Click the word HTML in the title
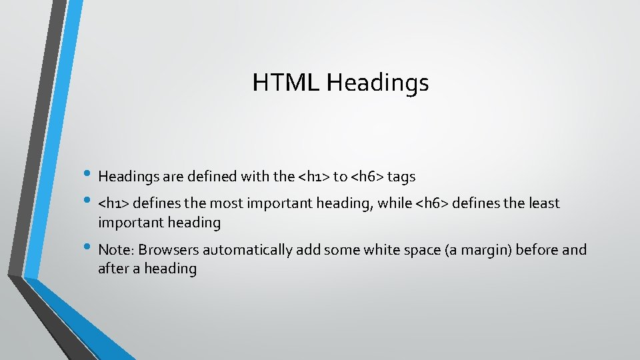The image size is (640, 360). [x=286, y=83]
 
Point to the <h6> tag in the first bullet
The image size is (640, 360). [x=366, y=177]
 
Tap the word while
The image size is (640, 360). [x=395, y=203]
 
